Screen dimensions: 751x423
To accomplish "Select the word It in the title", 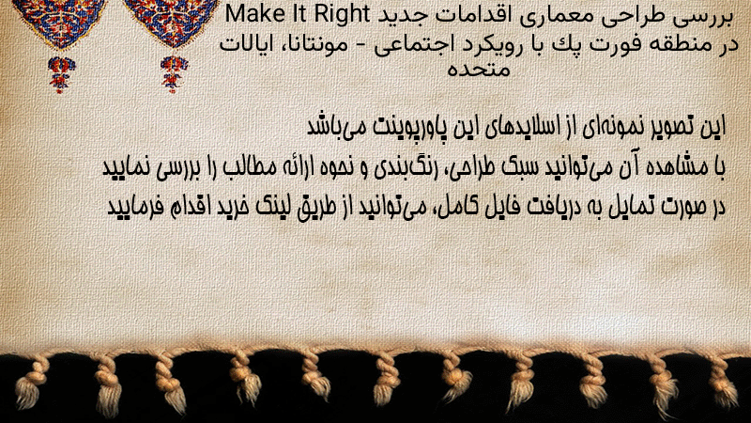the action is pos(297,14).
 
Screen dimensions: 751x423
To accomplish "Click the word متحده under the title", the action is pos(478,69).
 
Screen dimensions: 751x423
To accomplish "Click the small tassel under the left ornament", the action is pos(60,74).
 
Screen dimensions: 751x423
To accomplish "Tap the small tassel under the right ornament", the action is pos(174,74).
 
